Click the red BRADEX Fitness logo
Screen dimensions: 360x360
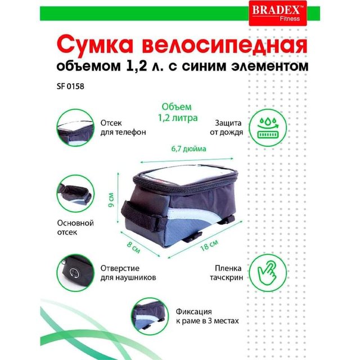[278, 13]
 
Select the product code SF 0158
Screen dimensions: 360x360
[70, 86]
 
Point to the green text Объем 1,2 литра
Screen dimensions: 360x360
[178, 112]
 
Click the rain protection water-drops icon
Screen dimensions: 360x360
[268, 128]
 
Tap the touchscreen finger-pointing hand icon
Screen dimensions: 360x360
[268, 273]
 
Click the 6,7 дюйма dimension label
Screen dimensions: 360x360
[189, 148]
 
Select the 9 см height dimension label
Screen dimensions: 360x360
[111, 199]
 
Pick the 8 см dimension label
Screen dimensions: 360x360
[134, 247]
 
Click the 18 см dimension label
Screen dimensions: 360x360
[209, 245]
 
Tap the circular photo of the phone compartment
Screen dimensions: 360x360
[75, 128]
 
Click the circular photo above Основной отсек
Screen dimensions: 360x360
[75, 193]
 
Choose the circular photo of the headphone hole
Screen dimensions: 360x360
[75, 273]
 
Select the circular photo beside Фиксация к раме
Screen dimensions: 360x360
[150, 316]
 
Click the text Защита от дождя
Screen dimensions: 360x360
[226, 128]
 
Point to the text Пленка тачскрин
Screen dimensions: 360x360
[226, 273]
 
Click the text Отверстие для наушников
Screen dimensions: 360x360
[128, 273]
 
